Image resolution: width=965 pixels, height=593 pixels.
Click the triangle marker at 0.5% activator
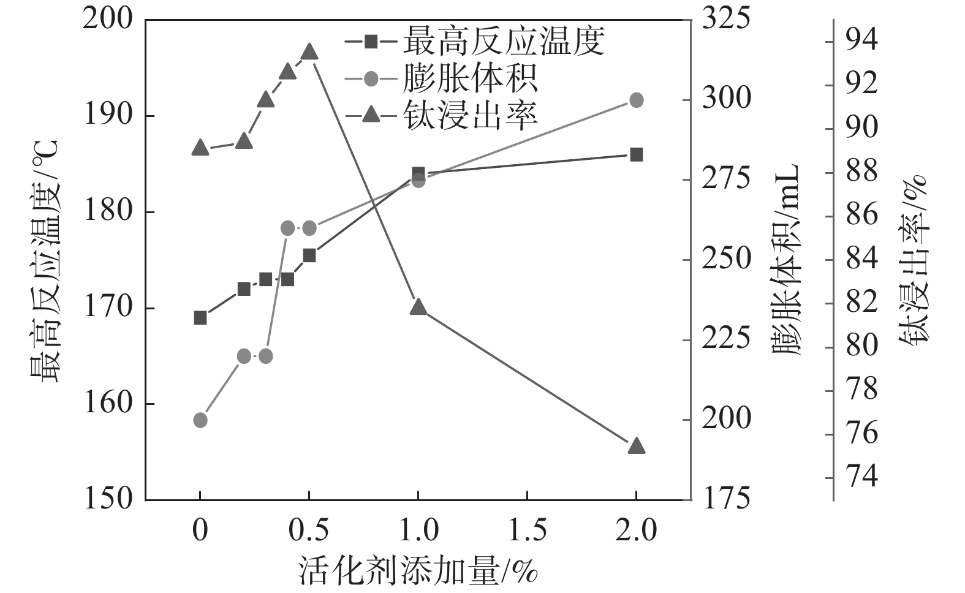click(x=309, y=52)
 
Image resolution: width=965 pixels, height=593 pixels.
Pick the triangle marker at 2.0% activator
click(x=636, y=446)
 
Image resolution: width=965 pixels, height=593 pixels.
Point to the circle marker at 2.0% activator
click(x=636, y=100)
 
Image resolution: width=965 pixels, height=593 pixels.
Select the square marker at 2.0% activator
click(x=636, y=154)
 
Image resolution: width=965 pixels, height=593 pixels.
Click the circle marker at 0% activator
click(x=200, y=420)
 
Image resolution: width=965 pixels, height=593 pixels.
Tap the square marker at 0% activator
click(x=200, y=317)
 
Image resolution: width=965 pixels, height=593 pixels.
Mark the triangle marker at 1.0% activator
click(x=418, y=307)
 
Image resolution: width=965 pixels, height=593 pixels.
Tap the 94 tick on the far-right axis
click(x=861, y=42)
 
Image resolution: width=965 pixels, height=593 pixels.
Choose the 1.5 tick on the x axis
click(x=527, y=530)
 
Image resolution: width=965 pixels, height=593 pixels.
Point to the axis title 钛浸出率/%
click(x=913, y=260)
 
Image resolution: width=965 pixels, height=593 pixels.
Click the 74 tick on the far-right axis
click(x=861, y=477)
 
